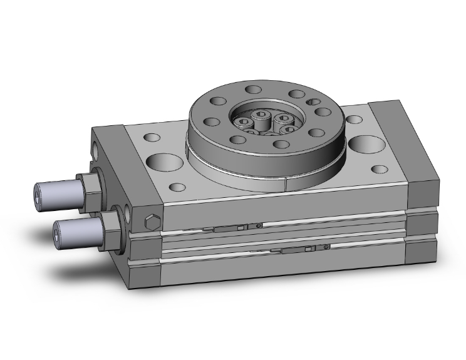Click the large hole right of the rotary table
(x=365, y=143)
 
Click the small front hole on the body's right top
(x=380, y=168)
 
